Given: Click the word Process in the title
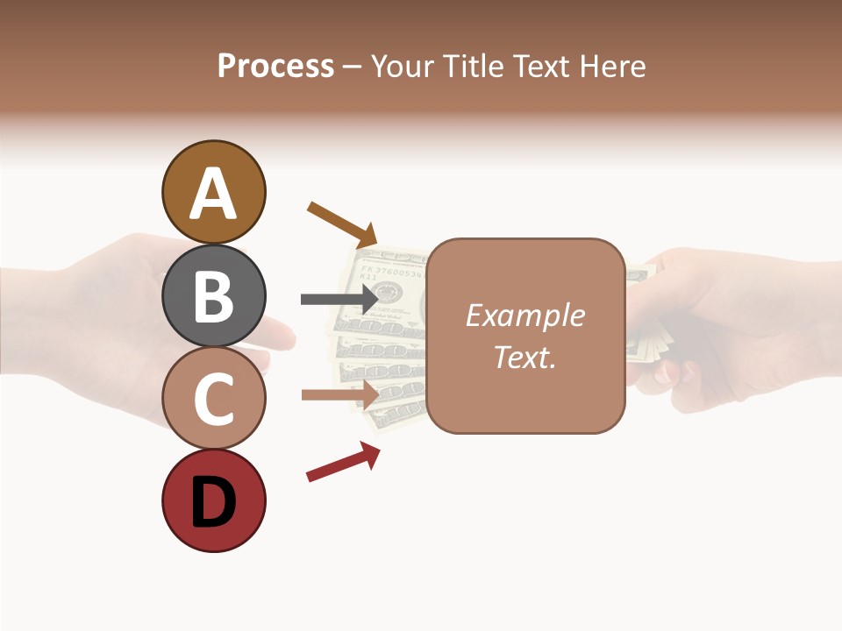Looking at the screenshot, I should coord(275,66).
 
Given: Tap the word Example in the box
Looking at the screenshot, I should coord(524,315).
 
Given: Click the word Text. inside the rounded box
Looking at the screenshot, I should coord(524,358).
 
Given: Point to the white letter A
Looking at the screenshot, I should coord(214,194).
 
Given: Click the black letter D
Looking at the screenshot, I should coord(214,503).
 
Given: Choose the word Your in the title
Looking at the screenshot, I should coord(403,66).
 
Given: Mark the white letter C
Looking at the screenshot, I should coord(214,400).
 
